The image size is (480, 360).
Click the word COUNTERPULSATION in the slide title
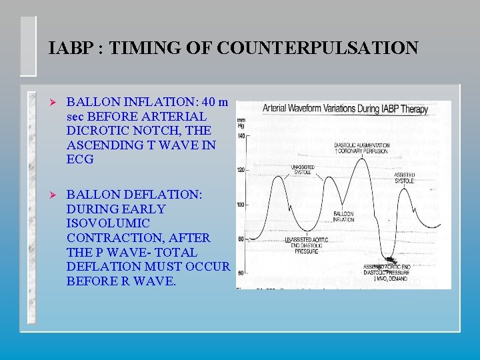coord(318,49)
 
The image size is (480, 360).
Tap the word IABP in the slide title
coord(71,49)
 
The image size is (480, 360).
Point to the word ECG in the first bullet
coord(80,159)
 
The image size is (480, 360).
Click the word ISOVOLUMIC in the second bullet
coord(108,223)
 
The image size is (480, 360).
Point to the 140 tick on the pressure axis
coord(242,135)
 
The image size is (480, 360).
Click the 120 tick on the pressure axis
coord(242,170)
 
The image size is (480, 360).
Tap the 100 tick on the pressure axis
coord(242,204)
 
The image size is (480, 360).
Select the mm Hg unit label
coord(241,123)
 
